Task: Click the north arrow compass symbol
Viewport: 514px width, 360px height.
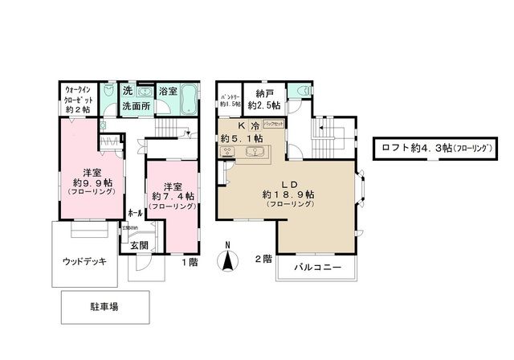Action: (x=229, y=259)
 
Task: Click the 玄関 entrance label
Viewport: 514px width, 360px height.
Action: (x=138, y=246)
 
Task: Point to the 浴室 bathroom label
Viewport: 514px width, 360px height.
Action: (x=168, y=92)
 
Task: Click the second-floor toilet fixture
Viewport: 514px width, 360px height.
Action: (x=299, y=92)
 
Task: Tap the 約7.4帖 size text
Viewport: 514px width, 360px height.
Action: (x=173, y=195)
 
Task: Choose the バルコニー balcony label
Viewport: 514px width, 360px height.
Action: (x=317, y=266)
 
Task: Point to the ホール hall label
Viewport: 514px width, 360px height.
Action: (x=136, y=213)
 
